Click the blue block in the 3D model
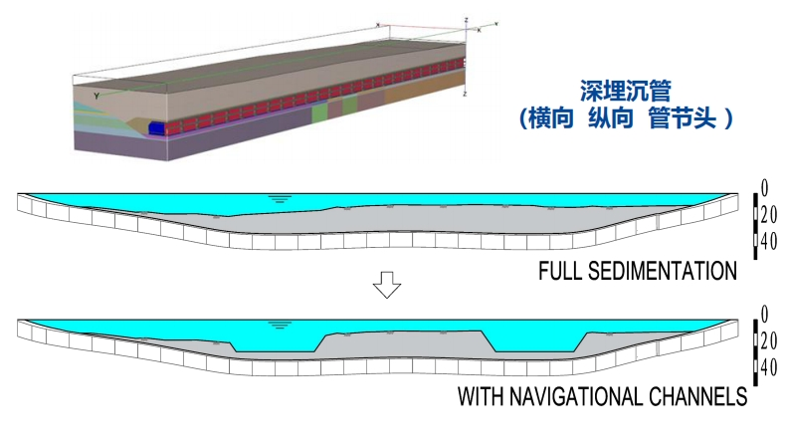(157, 127)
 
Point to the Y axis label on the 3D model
(96, 96)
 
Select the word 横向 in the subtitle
(558, 117)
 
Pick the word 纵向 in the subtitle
(616, 117)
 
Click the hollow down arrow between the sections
(386, 287)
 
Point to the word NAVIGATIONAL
(579, 397)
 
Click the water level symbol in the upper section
(281, 198)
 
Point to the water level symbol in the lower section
(281, 325)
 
